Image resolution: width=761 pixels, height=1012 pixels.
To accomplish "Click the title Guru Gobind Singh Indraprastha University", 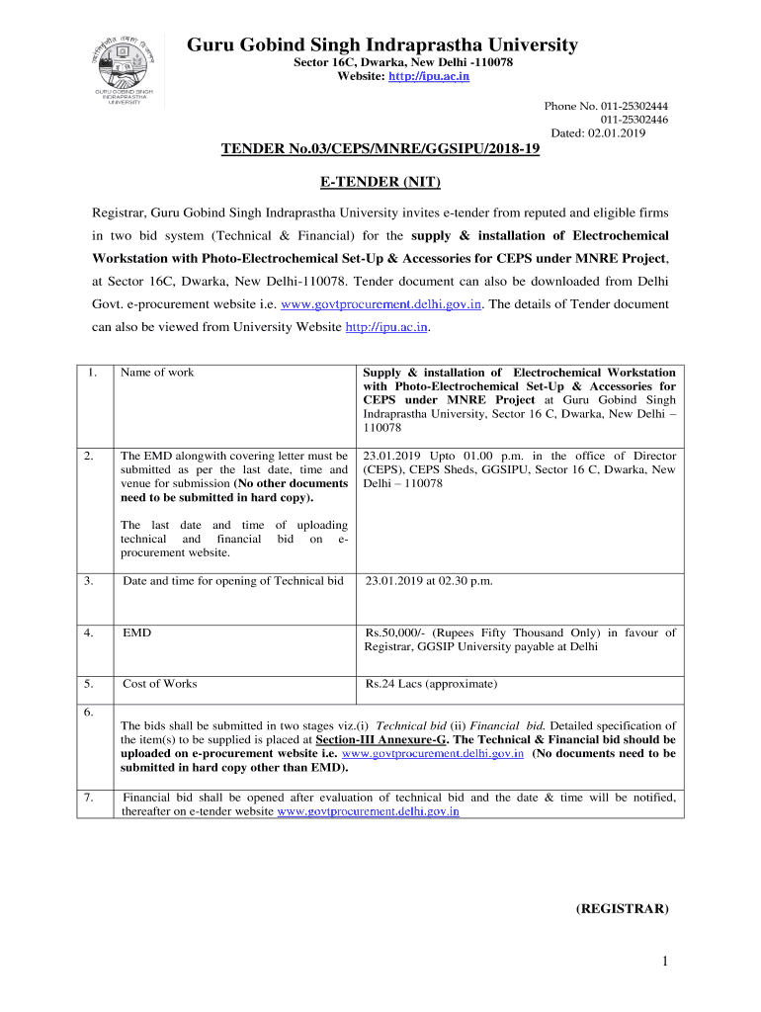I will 382,44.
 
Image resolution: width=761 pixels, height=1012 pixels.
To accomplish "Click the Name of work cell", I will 157,373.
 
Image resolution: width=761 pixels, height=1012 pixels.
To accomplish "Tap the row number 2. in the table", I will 89,456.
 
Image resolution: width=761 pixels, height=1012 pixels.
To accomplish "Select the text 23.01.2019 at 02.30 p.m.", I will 429,581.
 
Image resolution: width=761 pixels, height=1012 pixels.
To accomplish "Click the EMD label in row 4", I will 136,632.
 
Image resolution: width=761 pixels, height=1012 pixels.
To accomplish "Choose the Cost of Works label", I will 159,684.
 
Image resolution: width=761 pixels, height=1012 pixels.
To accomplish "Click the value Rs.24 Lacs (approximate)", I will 432,684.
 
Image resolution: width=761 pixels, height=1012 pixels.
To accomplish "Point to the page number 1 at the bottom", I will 666,962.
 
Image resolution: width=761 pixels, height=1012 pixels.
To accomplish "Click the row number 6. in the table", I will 89,712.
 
